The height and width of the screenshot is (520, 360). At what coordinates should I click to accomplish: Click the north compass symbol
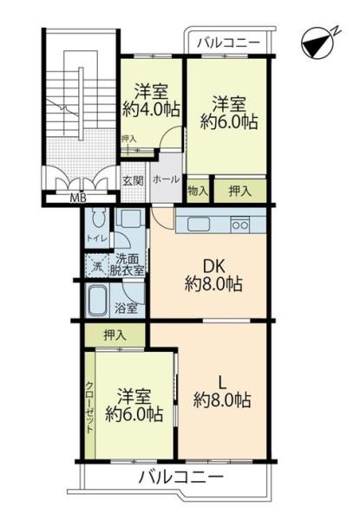click(318, 44)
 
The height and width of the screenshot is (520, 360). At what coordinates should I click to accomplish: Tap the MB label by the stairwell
click(78, 198)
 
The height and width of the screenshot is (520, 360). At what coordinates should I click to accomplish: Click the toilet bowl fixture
click(97, 218)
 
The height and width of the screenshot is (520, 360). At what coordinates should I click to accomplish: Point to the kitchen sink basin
click(199, 224)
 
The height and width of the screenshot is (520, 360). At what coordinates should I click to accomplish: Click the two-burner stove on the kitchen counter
click(240, 224)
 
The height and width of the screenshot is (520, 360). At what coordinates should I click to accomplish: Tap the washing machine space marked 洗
click(97, 266)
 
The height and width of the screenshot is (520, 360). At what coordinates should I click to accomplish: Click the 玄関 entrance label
click(133, 181)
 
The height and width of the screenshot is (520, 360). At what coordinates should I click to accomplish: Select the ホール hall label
click(166, 179)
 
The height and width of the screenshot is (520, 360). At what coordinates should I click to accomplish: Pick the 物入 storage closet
click(198, 191)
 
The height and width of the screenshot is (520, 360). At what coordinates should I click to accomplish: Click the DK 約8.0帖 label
click(213, 276)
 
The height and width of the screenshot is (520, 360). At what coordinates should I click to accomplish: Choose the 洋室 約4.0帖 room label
click(151, 101)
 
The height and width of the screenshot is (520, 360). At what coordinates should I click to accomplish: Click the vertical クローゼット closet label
click(89, 407)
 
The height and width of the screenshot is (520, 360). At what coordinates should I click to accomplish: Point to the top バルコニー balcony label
click(228, 43)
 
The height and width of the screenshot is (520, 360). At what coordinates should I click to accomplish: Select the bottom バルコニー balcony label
click(180, 478)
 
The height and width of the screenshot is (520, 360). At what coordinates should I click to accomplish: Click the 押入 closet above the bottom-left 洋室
click(115, 335)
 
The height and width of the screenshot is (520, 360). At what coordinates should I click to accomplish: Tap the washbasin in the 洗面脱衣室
click(130, 218)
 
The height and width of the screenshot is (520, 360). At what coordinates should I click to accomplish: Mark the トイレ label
click(96, 238)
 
